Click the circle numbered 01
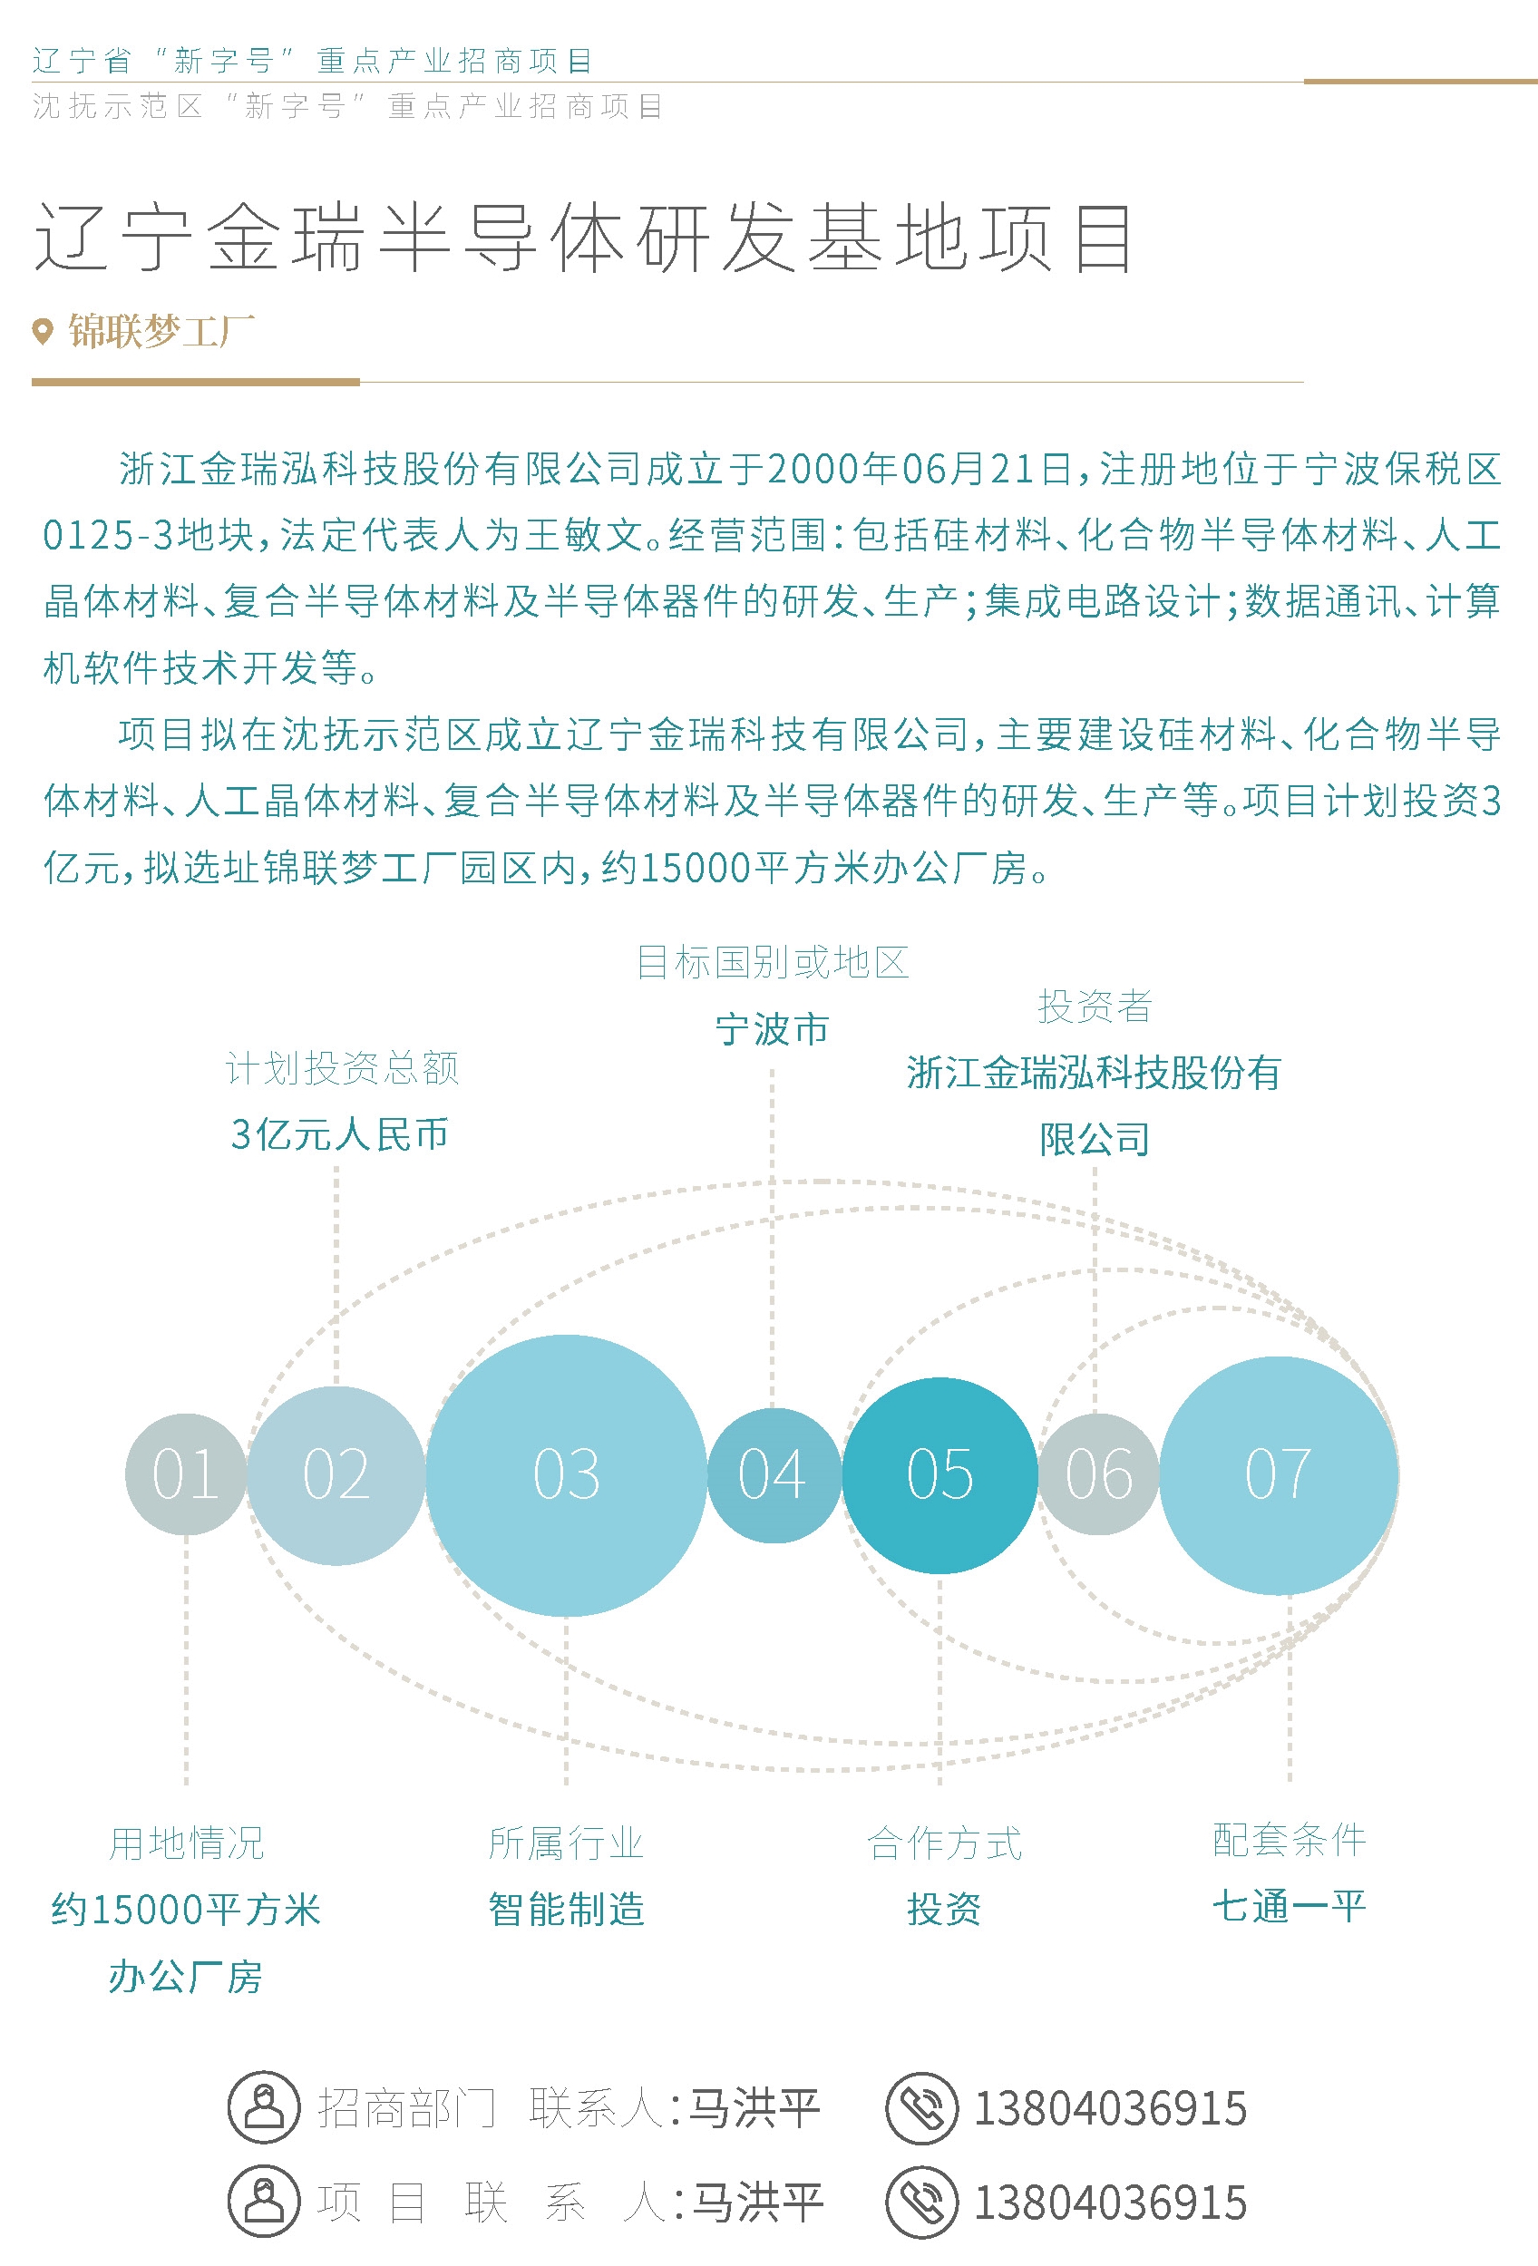click(185, 1473)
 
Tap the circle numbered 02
click(336, 1474)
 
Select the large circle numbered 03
click(566, 1474)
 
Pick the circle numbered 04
click(773, 1474)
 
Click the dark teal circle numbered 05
click(939, 1474)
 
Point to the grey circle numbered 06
click(1098, 1474)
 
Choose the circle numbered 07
click(1279, 1474)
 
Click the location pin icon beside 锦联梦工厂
click(42, 332)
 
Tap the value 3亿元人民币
click(339, 1134)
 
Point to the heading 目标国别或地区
click(773, 962)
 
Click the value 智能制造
click(567, 1909)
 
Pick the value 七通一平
click(1290, 1906)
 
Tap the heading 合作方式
click(944, 1843)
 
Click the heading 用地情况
click(186, 1843)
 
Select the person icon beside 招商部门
click(263, 2108)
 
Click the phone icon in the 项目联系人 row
click(921, 2202)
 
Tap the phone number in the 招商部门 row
click(1111, 2108)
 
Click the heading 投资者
click(1095, 1007)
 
